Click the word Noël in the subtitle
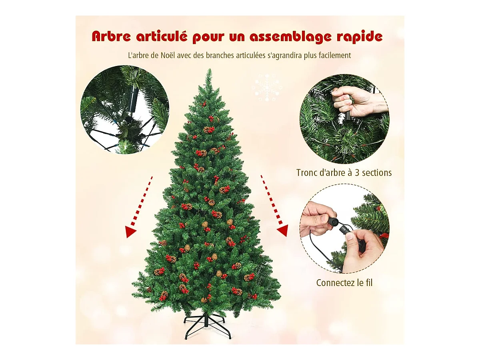[168, 55]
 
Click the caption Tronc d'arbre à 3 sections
[344, 173]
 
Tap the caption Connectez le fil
[344, 283]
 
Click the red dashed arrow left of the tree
[139, 207]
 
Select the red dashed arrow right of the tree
[274, 205]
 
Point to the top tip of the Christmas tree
[209, 69]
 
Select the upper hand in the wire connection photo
[317, 220]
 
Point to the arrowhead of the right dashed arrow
[283, 231]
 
